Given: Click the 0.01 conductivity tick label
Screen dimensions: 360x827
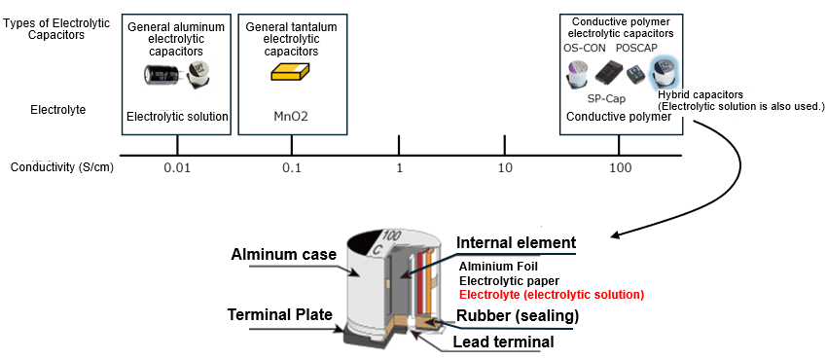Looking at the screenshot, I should (177, 168).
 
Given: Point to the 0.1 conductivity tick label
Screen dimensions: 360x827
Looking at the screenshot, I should (291, 168).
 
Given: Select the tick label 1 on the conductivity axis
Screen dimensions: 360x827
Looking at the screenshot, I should (399, 168).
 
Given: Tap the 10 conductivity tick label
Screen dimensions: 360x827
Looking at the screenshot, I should (504, 168).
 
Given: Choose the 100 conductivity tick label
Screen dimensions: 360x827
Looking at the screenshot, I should (619, 168).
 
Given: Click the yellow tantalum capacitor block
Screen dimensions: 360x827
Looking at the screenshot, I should (290, 74).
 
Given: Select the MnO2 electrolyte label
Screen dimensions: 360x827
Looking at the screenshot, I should (291, 117).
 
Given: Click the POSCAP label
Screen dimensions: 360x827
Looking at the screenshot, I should (638, 48).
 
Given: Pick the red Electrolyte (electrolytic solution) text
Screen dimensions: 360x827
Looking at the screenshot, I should (552, 294).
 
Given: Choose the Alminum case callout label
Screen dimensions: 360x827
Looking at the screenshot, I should (284, 255).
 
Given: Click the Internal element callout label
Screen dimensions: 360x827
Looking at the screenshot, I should (517, 242).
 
